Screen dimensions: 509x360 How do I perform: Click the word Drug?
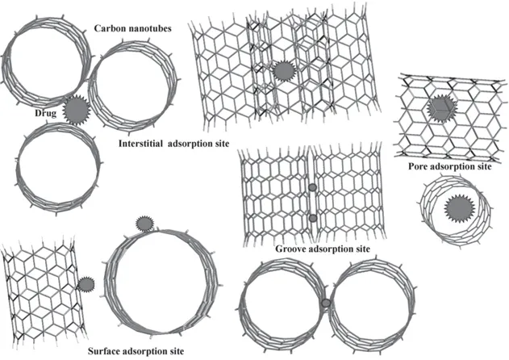(45, 113)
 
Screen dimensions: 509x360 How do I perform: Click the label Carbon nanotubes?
(133, 28)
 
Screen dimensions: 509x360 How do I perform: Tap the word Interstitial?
(140, 144)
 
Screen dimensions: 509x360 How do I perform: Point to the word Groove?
(290, 249)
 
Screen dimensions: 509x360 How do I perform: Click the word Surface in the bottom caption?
(103, 351)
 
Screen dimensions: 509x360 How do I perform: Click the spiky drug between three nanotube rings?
(77, 110)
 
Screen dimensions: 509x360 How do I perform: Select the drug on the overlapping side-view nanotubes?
(285, 71)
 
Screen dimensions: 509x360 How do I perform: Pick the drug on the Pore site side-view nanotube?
(442, 108)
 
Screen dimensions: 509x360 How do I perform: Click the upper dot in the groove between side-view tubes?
(312, 187)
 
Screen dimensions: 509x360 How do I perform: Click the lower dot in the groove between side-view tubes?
(313, 218)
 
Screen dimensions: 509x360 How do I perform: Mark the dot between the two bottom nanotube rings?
(326, 303)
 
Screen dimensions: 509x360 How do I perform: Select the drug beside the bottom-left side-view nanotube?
(86, 285)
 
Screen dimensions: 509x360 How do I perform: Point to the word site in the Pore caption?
(484, 166)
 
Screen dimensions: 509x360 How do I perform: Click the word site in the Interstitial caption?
(221, 144)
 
